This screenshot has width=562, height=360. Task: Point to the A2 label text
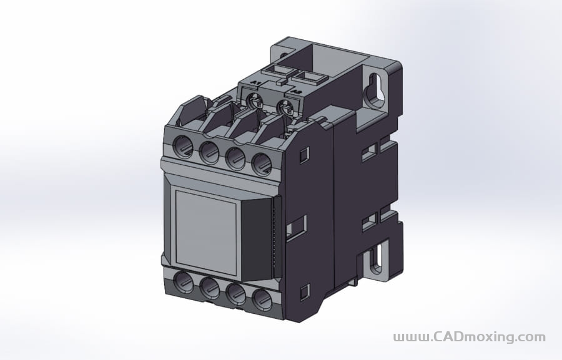point(295,92)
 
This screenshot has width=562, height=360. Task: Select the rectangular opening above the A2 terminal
point(310,77)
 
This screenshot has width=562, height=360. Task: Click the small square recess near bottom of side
point(304,291)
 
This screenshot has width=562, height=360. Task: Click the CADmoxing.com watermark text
point(469,338)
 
